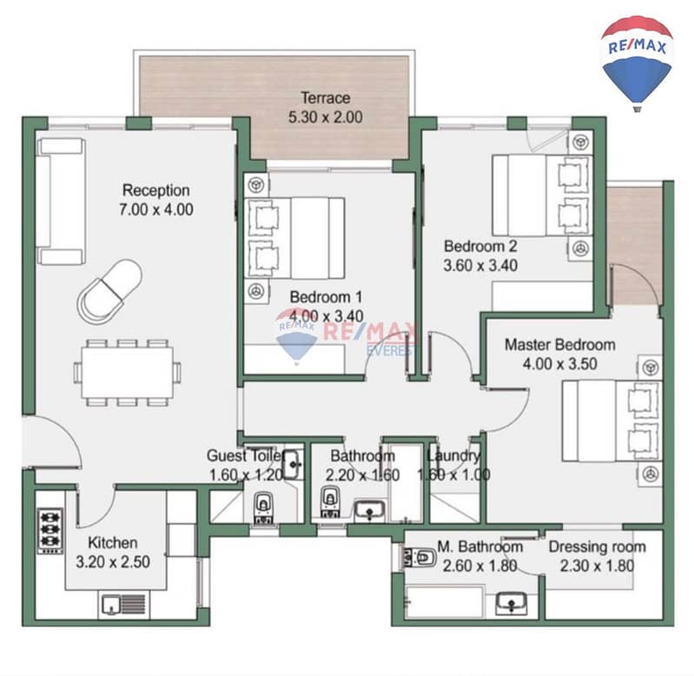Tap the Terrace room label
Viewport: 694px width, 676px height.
pyautogui.click(x=326, y=97)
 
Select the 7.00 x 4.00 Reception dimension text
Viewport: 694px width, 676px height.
pyautogui.click(x=155, y=209)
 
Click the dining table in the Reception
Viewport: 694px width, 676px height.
pyautogui.click(x=127, y=372)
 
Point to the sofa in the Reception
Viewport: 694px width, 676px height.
pyautogui.click(x=61, y=202)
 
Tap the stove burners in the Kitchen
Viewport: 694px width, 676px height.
pyautogui.click(x=50, y=530)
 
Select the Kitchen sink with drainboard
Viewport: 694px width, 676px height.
pyautogui.click(x=123, y=605)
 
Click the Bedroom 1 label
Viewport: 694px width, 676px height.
pyautogui.click(x=326, y=296)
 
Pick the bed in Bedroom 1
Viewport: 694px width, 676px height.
pyautogui.click(x=294, y=238)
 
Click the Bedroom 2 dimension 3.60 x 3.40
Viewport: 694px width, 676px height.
pyautogui.click(x=480, y=265)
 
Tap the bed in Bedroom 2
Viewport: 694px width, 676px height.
pyautogui.click(x=542, y=195)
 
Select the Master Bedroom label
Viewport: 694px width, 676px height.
pyautogui.click(x=560, y=344)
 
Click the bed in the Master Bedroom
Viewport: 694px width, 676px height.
pyautogui.click(x=612, y=421)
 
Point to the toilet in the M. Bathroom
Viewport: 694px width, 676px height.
pyautogui.click(x=419, y=558)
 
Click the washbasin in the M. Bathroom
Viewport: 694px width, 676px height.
pyautogui.click(x=512, y=603)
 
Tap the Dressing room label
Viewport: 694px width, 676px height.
pyautogui.click(x=597, y=547)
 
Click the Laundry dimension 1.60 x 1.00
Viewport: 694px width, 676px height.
pyautogui.click(x=453, y=474)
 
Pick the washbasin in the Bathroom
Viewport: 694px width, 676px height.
pyautogui.click(x=369, y=510)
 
